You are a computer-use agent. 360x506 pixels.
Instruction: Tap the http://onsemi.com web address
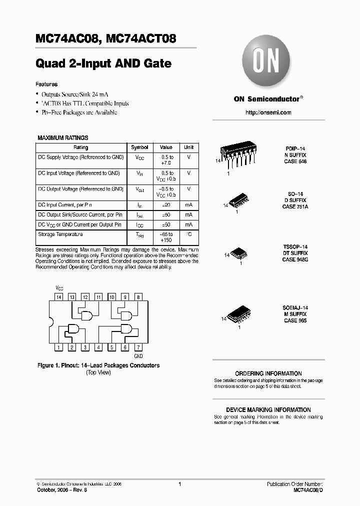click(x=268, y=112)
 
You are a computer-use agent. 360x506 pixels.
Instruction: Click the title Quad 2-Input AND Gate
click(x=103, y=63)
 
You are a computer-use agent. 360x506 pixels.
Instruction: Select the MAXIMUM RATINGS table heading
click(x=63, y=137)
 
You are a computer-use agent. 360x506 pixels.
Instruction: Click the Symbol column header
click(x=139, y=147)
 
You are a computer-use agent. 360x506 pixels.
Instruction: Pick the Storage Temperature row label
click(x=60, y=234)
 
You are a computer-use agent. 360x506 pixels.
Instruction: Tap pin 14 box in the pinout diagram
click(x=58, y=297)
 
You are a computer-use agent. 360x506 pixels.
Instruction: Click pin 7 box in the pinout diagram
click(x=138, y=347)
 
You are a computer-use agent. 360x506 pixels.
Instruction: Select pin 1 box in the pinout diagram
click(x=58, y=347)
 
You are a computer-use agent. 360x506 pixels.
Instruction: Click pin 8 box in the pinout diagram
click(x=138, y=297)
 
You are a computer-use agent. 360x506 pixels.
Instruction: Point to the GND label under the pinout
click(x=138, y=356)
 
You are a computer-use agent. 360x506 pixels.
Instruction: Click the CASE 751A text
click(x=295, y=206)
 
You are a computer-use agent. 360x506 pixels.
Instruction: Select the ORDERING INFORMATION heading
click(x=268, y=373)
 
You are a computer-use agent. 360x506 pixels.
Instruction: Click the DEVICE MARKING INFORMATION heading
click(x=268, y=409)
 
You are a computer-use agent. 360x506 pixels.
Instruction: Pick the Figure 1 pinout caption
click(x=98, y=365)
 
